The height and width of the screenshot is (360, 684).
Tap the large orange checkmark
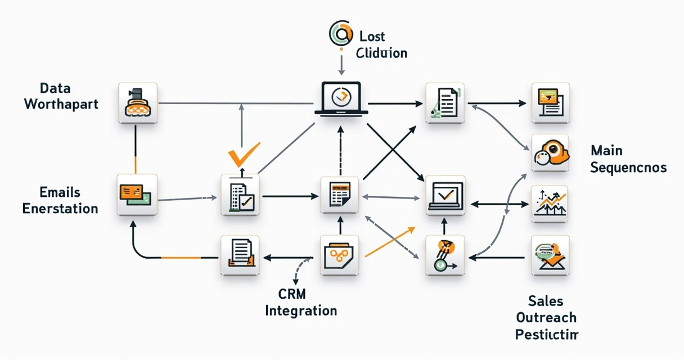pos(242,153)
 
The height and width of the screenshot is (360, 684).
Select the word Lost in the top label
pos(372,37)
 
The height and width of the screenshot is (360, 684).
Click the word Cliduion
pos(381,53)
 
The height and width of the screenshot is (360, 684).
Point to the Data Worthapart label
pos(61,96)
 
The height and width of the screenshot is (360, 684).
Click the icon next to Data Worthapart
pos(137,103)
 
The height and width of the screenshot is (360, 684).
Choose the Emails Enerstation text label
pos(60,200)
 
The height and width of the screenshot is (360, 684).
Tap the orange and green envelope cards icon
pos(137,194)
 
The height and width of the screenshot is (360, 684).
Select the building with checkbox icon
pos(241,195)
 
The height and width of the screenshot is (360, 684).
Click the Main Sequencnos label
pos(628,159)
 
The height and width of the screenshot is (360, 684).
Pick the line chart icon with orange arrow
pos(550,205)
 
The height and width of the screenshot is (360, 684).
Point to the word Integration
pos(301,310)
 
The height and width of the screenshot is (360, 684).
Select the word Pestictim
pos(546,335)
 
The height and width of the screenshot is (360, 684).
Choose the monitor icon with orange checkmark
pos(445,195)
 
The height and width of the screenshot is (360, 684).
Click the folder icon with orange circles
pos(339,255)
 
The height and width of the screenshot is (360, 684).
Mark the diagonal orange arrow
pos(390,242)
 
